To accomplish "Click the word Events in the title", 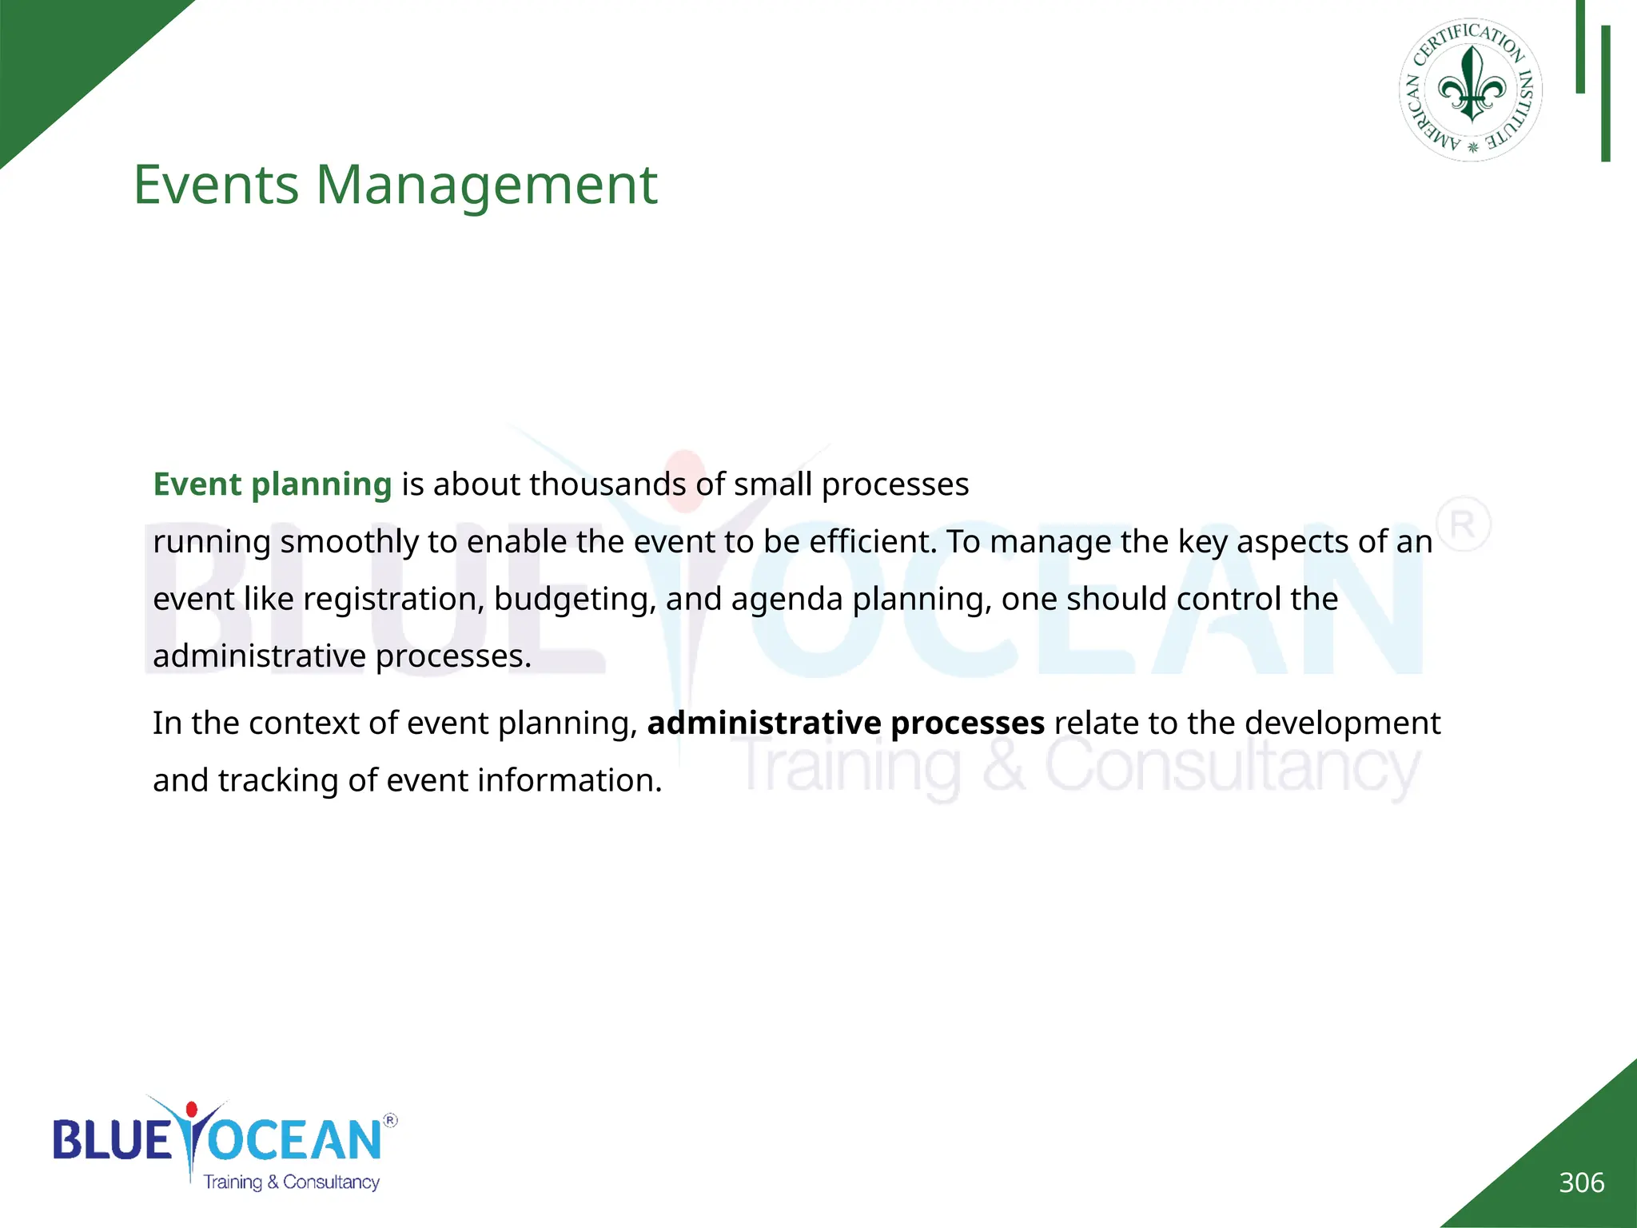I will (x=216, y=185).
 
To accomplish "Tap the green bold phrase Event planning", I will (x=272, y=484).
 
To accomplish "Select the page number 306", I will (x=1581, y=1182).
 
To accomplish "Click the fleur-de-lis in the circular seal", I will (x=1472, y=86).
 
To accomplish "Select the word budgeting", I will (x=575, y=600).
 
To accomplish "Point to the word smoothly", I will (x=349, y=542).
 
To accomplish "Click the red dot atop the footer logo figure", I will (x=192, y=1110).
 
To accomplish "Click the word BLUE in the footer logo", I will (x=112, y=1140).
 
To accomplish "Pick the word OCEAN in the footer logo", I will (x=296, y=1140).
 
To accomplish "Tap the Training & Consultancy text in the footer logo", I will (x=291, y=1182).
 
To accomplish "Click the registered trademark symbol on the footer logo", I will (x=390, y=1121).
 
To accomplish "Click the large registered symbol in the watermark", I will (x=1463, y=524).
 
